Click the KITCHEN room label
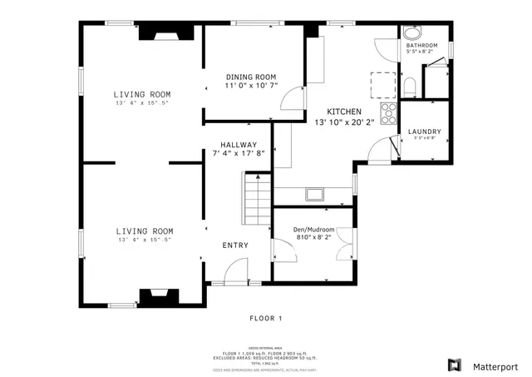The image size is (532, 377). [343, 112]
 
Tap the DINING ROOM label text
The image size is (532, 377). [251, 77]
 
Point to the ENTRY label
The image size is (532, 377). [235, 245]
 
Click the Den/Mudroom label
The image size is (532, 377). [313, 228]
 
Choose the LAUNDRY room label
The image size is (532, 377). [424, 131]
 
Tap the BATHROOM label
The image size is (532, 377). [421, 45]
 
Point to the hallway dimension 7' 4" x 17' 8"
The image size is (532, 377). [239, 153]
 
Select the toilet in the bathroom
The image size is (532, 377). [410, 86]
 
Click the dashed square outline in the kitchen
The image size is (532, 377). [382, 84]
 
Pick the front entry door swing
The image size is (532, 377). [237, 270]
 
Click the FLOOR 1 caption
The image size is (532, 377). [266, 318]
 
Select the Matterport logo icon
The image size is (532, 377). [454, 365]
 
